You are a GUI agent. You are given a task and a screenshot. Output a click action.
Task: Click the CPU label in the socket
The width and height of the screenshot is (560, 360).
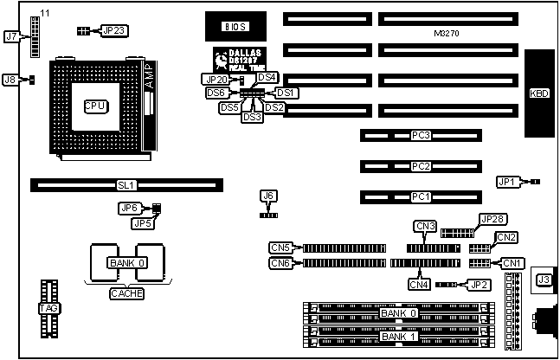95,106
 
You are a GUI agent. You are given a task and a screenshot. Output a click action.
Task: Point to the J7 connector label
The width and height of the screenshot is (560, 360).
11,36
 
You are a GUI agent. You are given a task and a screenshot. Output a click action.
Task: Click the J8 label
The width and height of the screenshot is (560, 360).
10,80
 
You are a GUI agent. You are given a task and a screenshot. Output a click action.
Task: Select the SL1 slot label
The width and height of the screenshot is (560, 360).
126,184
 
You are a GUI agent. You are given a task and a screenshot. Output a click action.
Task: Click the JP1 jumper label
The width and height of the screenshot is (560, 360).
507,182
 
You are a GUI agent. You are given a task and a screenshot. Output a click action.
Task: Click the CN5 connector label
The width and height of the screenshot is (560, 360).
280,247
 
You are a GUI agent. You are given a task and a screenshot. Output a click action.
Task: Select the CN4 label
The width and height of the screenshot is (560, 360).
419,283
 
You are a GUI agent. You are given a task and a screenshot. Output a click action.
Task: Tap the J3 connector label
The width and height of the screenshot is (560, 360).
544,279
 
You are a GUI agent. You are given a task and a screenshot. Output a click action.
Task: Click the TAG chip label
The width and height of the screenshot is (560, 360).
48,309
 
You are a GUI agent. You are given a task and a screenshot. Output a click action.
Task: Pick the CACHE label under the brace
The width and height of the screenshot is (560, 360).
126,293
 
